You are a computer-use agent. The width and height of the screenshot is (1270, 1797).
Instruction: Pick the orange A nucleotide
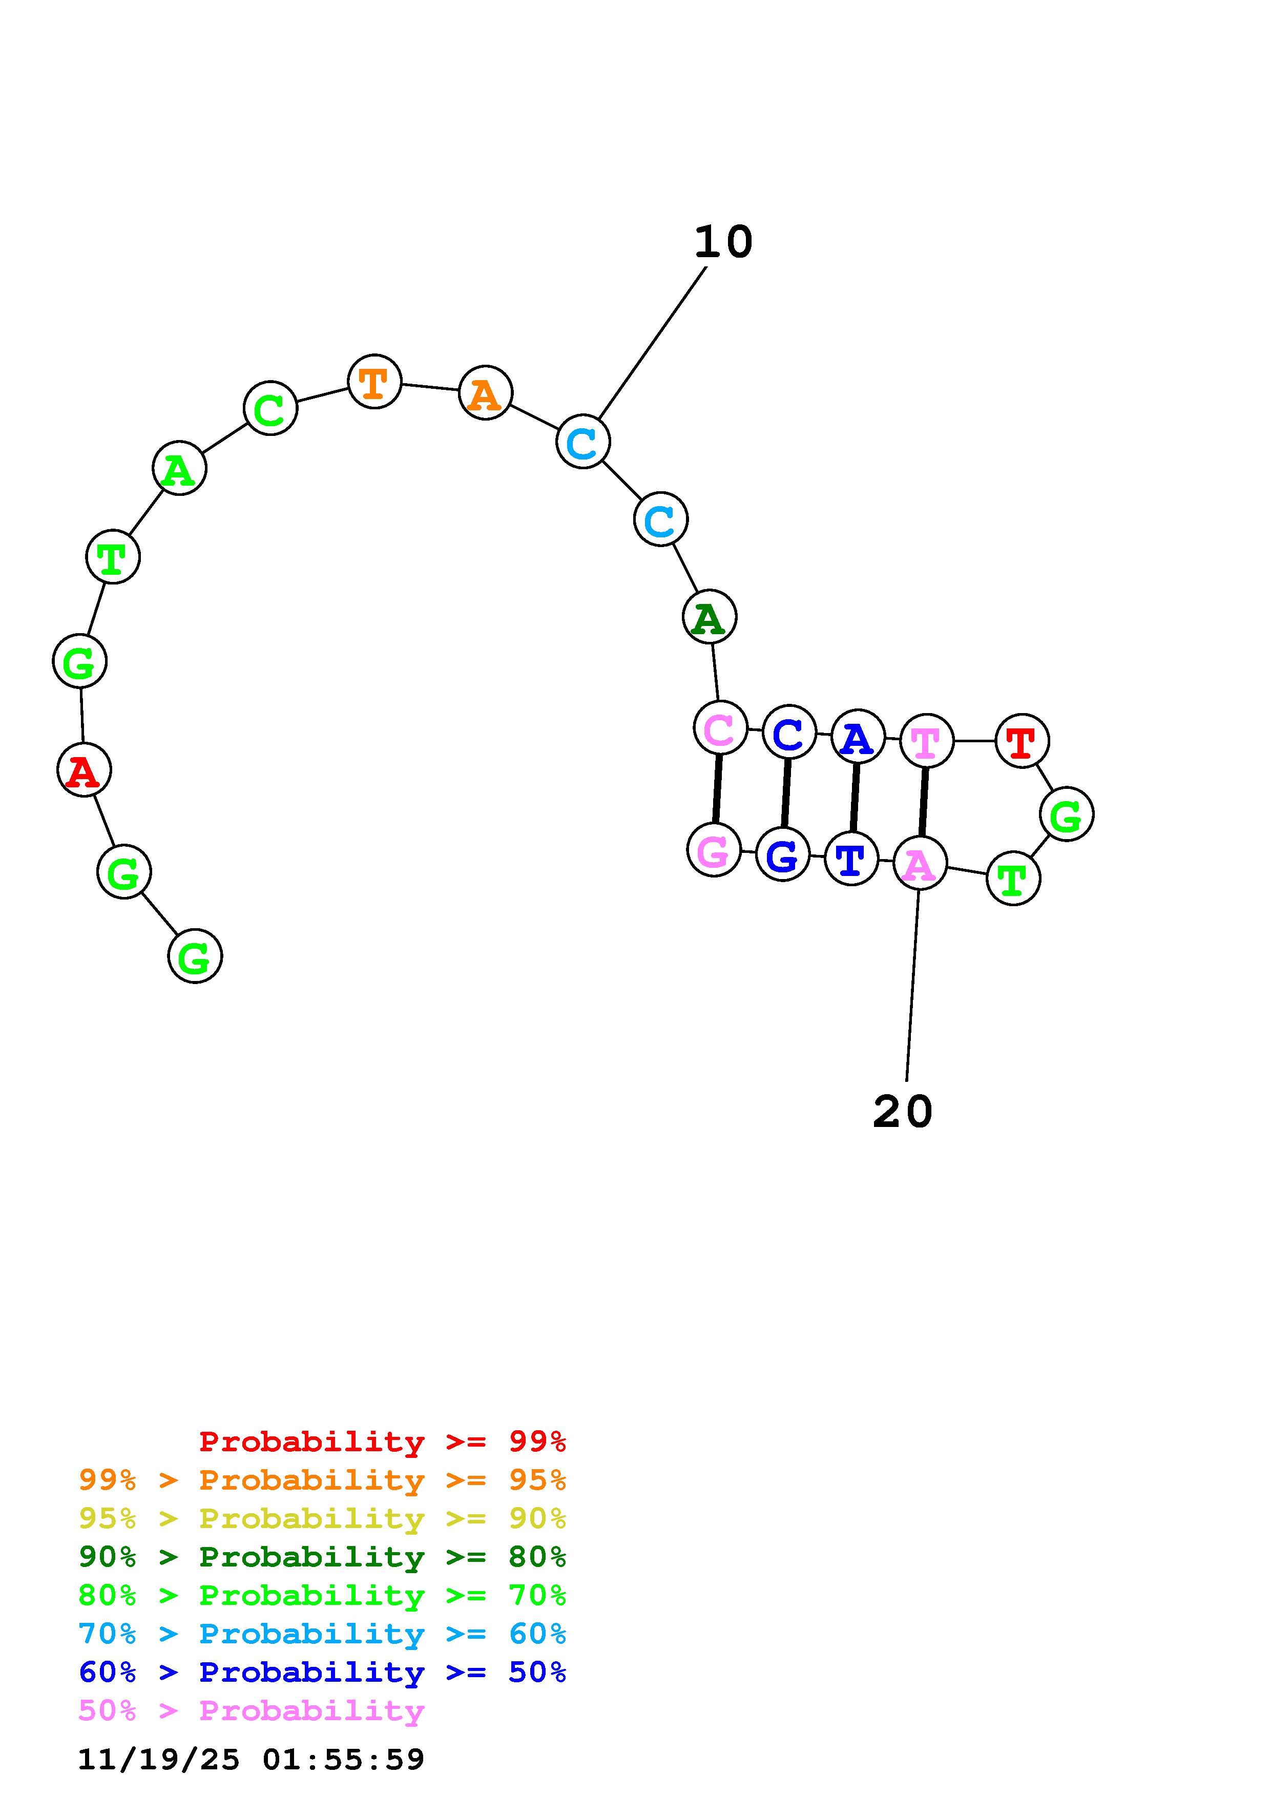coord(485,393)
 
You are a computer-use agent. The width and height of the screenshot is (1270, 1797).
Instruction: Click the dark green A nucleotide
coord(709,617)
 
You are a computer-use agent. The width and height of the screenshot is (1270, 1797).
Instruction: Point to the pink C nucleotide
coord(720,728)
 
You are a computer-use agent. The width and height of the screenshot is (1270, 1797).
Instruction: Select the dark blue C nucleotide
coord(789,733)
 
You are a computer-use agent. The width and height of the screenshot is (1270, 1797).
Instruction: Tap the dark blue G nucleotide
coord(782,854)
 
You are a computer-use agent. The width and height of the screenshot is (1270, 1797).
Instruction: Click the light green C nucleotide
coord(270,409)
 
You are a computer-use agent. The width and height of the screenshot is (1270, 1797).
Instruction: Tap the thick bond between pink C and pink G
coord(717,789)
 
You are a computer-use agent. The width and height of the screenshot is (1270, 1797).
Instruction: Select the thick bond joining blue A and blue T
coord(855,797)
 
